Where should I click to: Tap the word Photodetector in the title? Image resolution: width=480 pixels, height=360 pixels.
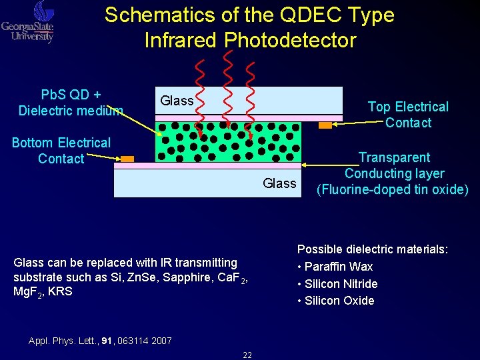(x=290, y=40)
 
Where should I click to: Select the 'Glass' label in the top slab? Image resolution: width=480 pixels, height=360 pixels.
(x=177, y=101)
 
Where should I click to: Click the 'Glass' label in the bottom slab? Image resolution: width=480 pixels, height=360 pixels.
(x=279, y=183)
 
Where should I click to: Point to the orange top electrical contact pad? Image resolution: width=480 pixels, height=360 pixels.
(x=325, y=125)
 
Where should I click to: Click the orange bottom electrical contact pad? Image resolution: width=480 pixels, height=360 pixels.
(x=127, y=159)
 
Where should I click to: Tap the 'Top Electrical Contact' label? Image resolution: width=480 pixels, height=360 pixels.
(x=408, y=115)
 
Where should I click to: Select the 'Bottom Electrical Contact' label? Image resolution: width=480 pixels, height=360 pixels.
(x=61, y=151)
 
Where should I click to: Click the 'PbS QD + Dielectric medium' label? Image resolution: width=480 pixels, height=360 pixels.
(x=71, y=102)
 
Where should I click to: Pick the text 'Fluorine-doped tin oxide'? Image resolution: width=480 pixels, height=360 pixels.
(x=393, y=189)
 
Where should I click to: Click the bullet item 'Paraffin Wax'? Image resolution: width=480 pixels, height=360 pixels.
(x=338, y=267)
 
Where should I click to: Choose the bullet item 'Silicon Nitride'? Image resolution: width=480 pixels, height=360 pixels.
(x=341, y=283)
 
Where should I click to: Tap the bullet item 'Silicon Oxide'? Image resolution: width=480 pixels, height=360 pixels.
(x=339, y=301)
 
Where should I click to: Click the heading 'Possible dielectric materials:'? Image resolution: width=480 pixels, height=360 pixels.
(x=373, y=249)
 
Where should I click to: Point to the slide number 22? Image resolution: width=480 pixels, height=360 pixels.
(x=247, y=355)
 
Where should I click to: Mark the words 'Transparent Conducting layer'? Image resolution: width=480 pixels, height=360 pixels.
(x=394, y=165)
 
